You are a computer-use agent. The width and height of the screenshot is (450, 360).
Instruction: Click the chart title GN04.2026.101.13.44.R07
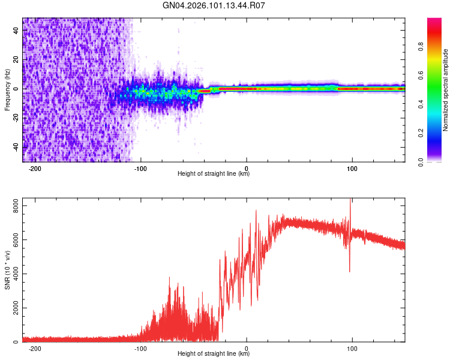pyautogui.click(x=214, y=6)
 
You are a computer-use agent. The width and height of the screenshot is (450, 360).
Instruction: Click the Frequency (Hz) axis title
pyautogui.click(x=7, y=90)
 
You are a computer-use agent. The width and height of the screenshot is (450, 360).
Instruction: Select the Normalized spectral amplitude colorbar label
pyautogui.click(x=446, y=90)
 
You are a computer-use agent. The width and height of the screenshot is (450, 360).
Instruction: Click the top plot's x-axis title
pyautogui.click(x=214, y=174)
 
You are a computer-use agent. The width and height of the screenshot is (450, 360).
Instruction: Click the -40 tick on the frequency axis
pyautogui.click(x=16, y=146)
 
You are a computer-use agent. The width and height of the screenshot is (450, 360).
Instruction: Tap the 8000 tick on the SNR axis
pyautogui.click(x=12, y=205)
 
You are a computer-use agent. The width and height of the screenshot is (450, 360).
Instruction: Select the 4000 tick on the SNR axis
pyautogui.click(x=12, y=274)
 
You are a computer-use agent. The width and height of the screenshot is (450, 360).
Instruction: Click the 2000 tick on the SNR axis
pyautogui.click(x=12, y=308)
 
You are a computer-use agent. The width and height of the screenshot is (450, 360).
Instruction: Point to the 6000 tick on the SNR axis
pyautogui.click(x=12, y=239)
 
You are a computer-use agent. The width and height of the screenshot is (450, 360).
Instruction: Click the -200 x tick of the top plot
pyautogui.click(x=35, y=169)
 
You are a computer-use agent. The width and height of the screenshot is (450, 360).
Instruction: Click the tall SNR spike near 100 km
pyautogui.click(x=350, y=207)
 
